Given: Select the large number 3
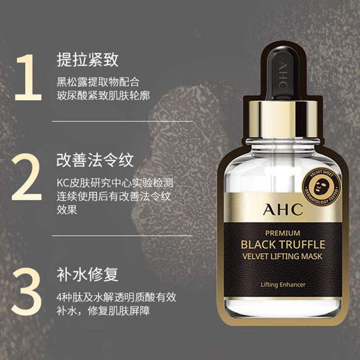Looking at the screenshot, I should tap(28, 287).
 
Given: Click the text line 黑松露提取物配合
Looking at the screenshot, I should tap(98, 83).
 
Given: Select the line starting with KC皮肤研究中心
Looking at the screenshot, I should tap(115, 184).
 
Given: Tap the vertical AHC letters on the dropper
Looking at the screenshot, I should tap(283, 74).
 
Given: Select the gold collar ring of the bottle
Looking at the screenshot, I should tap(282, 115).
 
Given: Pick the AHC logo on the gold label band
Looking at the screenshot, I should tap(282, 210).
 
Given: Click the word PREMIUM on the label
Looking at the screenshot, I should tap(283, 233).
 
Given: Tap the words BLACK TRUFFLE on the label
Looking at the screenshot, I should tap(283, 245).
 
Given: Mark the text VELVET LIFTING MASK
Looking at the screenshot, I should tap(282, 257).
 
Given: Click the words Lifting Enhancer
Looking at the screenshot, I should tap(283, 284).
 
